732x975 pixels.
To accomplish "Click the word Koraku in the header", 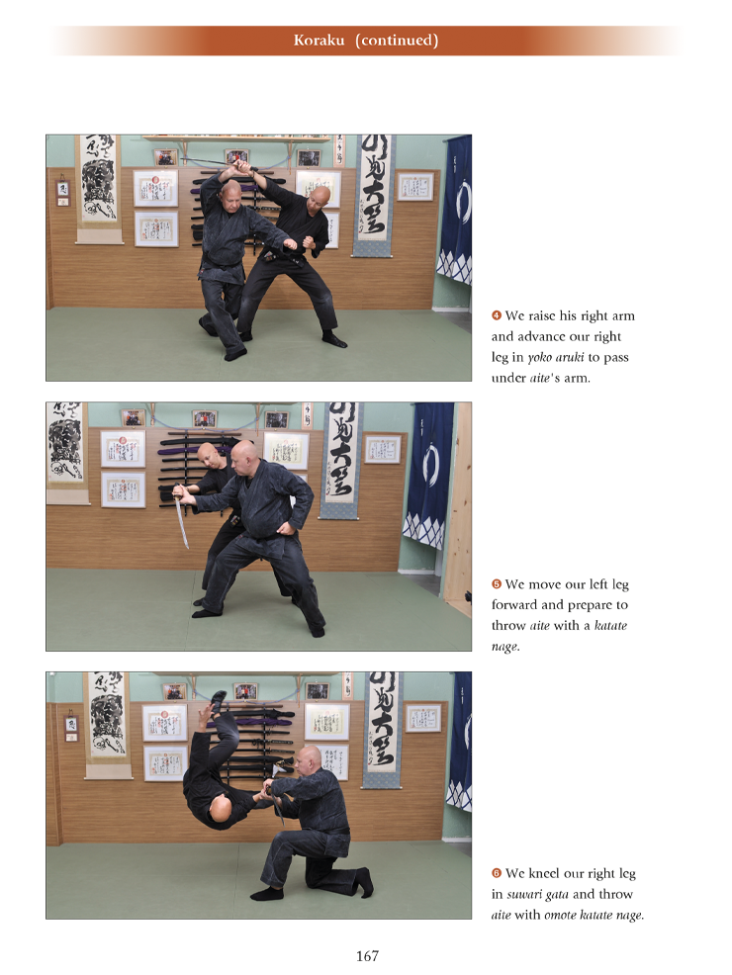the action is pyautogui.click(x=319, y=41).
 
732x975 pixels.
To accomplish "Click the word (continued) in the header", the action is pyautogui.click(x=397, y=41).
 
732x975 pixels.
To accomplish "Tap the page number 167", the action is pyautogui.click(x=367, y=956).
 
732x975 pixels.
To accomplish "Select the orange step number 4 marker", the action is pyautogui.click(x=497, y=315).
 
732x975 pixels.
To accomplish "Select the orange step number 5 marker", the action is pyautogui.click(x=497, y=583).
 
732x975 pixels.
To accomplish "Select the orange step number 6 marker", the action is pyautogui.click(x=497, y=873).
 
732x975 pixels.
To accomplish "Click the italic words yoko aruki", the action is pyautogui.click(x=555, y=358).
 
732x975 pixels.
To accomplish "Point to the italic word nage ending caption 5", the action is pyautogui.click(x=504, y=647).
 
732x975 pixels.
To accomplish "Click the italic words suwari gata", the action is pyautogui.click(x=537, y=895).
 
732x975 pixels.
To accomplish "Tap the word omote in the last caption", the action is pyautogui.click(x=560, y=915).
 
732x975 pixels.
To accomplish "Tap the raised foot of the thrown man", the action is pyautogui.click(x=218, y=698).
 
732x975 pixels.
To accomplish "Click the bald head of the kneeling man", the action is pyautogui.click(x=308, y=758).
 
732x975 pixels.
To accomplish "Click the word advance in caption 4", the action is pyautogui.click(x=541, y=336).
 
